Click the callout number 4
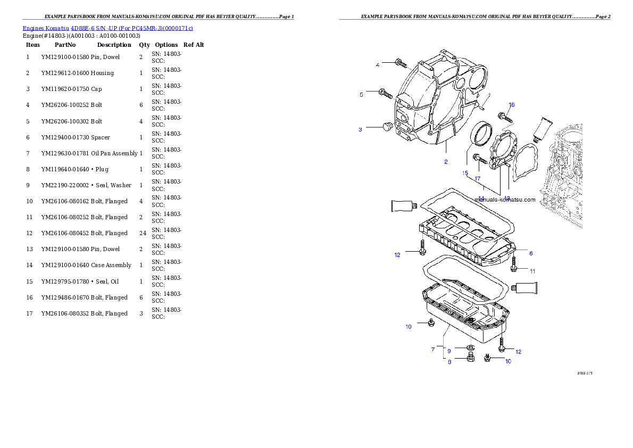[x=378, y=65]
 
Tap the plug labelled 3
[x=387, y=127]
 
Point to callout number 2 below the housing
[x=446, y=162]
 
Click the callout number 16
[x=512, y=105]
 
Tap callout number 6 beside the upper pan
[x=530, y=253]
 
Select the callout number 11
[x=532, y=271]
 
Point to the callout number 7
[x=433, y=350]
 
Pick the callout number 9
[x=449, y=351]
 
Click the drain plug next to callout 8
[x=470, y=359]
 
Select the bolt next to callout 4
[x=401, y=64]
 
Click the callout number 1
[x=489, y=95]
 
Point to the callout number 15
[x=465, y=173]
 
